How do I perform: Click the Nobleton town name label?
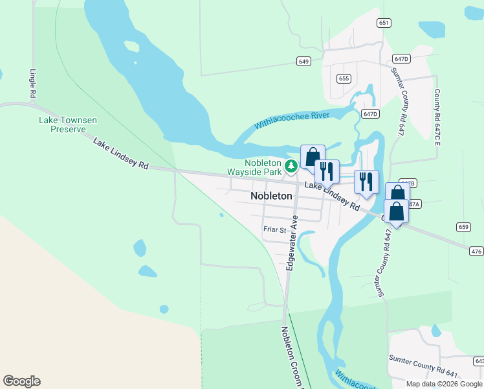(x=271, y=196)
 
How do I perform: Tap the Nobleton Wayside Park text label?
(x=254, y=168)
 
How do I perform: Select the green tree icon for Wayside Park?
(x=291, y=167)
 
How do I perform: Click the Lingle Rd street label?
(x=32, y=84)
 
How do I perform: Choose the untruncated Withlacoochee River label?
(x=292, y=120)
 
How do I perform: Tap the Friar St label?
(x=274, y=229)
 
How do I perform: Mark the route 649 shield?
(x=304, y=61)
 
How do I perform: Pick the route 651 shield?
(x=384, y=23)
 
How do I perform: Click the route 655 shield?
(x=344, y=78)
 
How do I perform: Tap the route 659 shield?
(x=463, y=226)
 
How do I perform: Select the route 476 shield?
(x=477, y=251)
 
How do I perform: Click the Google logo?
(x=21, y=381)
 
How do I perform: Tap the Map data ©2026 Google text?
(x=445, y=384)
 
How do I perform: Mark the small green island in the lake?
(x=131, y=46)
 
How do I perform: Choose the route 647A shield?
(x=414, y=204)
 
